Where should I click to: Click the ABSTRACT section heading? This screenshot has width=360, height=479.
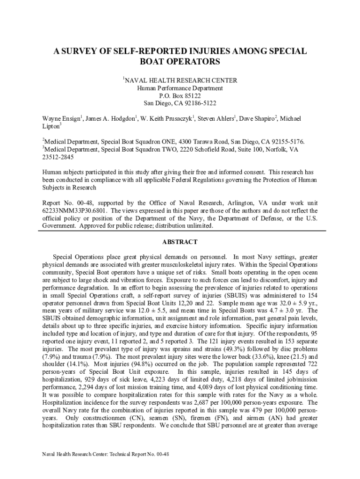click(x=180, y=242)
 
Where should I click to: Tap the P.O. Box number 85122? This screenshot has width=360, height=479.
click(x=194, y=95)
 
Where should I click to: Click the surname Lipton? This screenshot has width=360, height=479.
click(x=50, y=126)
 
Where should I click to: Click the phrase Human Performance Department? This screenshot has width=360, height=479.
click(x=180, y=88)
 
